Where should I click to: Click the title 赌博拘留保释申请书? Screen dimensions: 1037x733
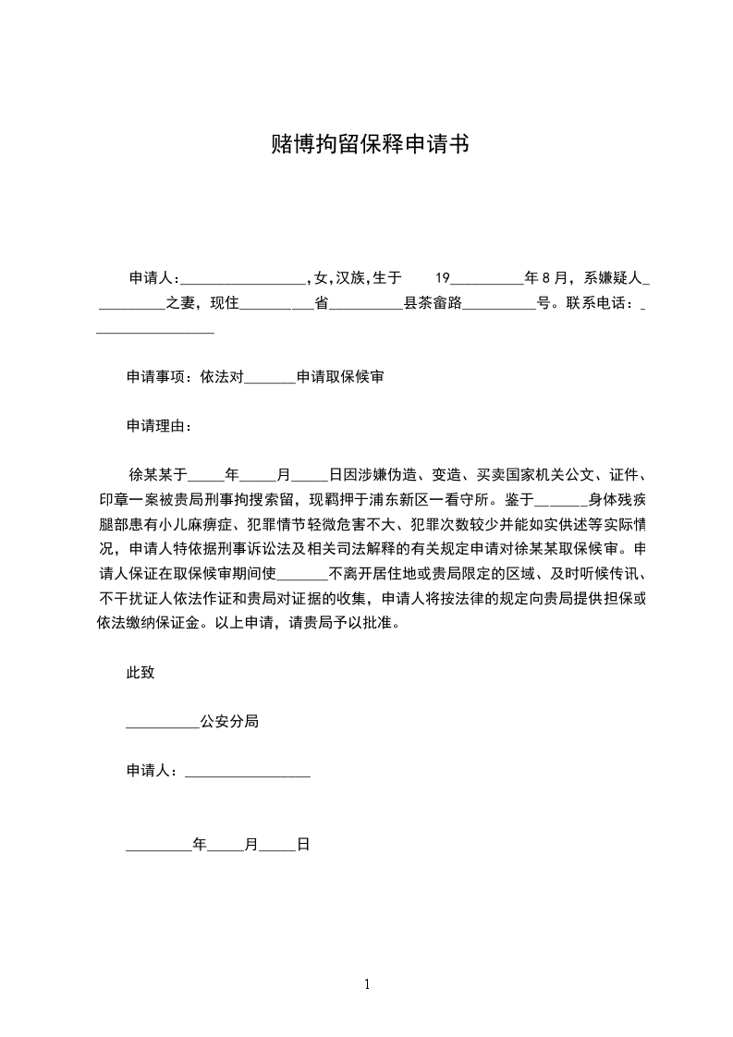coord(366,145)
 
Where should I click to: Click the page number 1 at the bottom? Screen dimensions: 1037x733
coord(367,985)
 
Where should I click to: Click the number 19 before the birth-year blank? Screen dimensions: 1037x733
coord(442,277)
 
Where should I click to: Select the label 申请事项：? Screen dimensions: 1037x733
coord(160,377)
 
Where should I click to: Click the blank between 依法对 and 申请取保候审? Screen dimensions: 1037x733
coord(271,378)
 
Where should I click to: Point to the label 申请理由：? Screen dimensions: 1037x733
coord(160,427)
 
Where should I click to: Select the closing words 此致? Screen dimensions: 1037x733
coord(140,673)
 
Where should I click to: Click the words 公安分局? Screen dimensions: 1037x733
coord(228,722)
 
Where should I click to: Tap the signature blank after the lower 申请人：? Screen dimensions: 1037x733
coord(248,772)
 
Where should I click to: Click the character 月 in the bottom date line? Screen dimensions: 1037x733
coord(250,845)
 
